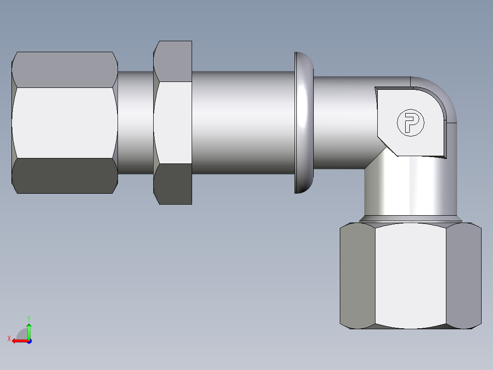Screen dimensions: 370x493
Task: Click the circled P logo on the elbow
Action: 410,123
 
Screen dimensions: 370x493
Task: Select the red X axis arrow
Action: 18,341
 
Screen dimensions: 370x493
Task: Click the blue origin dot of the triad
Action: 29,341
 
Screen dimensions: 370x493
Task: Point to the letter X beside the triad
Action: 9,338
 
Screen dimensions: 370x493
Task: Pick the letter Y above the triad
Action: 28,318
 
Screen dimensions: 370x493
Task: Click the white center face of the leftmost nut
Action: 64,123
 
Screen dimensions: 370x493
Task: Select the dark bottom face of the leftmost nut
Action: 64,176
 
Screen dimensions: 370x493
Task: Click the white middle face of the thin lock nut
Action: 173,123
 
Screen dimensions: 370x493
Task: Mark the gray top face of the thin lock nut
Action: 174,61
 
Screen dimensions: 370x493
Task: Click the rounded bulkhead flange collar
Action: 304,123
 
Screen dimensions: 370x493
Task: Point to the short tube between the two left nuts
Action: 135,123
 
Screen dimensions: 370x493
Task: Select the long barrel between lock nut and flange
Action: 242,123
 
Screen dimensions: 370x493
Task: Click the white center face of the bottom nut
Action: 410,275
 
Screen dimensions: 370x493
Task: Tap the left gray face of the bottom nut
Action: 358,275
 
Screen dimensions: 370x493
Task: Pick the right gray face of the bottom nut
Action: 463,275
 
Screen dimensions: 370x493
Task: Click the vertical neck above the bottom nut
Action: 410,192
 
